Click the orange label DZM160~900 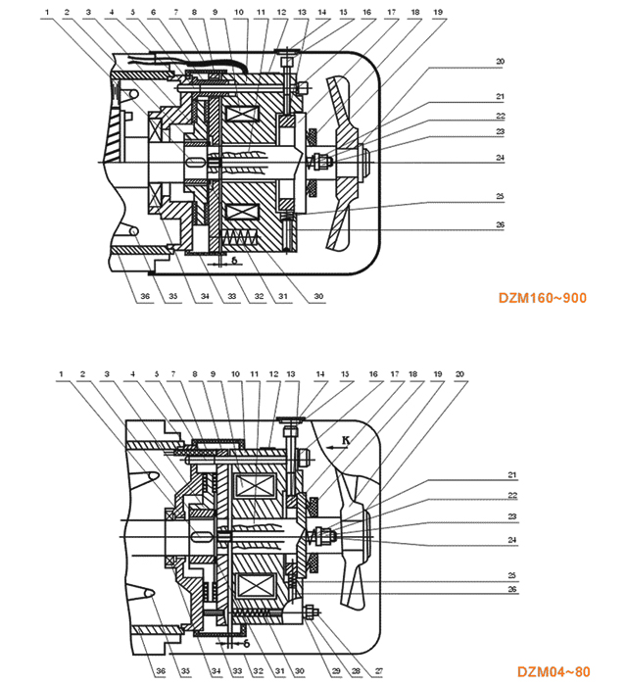point(542,297)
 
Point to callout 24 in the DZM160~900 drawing point(500,157)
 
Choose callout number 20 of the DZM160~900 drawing point(500,62)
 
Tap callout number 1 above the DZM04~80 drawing point(61,373)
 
